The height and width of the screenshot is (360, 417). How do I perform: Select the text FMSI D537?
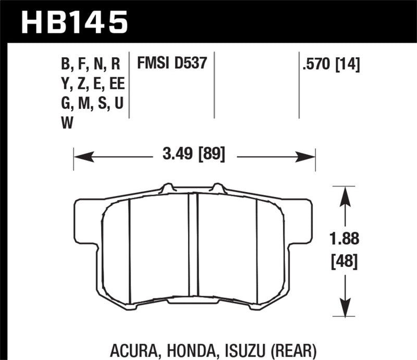pyautogui.click(x=172, y=64)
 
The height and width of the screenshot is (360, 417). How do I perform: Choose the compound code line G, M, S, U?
pyautogui.click(x=92, y=104)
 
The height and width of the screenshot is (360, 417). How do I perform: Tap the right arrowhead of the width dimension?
pyautogui.click(x=310, y=155)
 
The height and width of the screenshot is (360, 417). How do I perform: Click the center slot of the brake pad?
pyautogui.click(x=193, y=245)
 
